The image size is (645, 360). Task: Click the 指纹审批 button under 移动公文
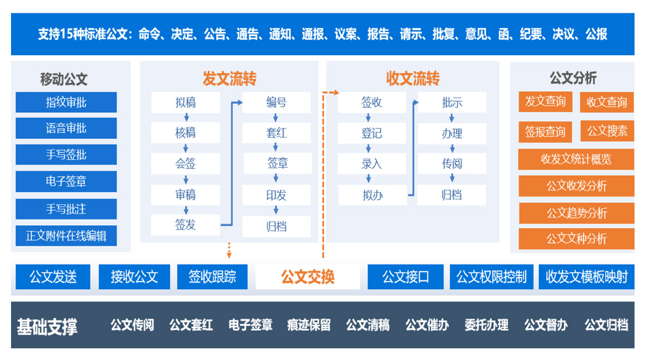[x=66, y=102]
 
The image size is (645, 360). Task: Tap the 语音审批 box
[x=66, y=128]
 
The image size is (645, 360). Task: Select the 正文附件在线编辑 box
[x=66, y=236]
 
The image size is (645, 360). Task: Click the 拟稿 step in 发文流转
[x=185, y=103]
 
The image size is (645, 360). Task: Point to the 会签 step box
[x=185, y=164]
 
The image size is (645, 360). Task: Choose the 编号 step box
[x=276, y=103]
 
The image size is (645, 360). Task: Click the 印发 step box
[x=276, y=195]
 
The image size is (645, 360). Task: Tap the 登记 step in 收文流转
[x=372, y=134]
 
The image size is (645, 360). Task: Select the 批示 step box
[x=451, y=103]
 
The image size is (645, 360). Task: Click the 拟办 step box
[x=372, y=195]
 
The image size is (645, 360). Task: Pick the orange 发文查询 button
[x=545, y=102]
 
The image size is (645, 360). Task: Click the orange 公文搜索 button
[x=607, y=131]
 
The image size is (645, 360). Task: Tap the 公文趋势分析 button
[x=576, y=213]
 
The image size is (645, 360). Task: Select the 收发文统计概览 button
[x=576, y=159]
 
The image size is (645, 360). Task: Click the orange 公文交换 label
[x=307, y=276]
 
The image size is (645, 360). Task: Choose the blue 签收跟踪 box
[x=212, y=277]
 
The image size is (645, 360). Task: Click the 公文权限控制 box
[x=491, y=277]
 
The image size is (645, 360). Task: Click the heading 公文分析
[x=572, y=78]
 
